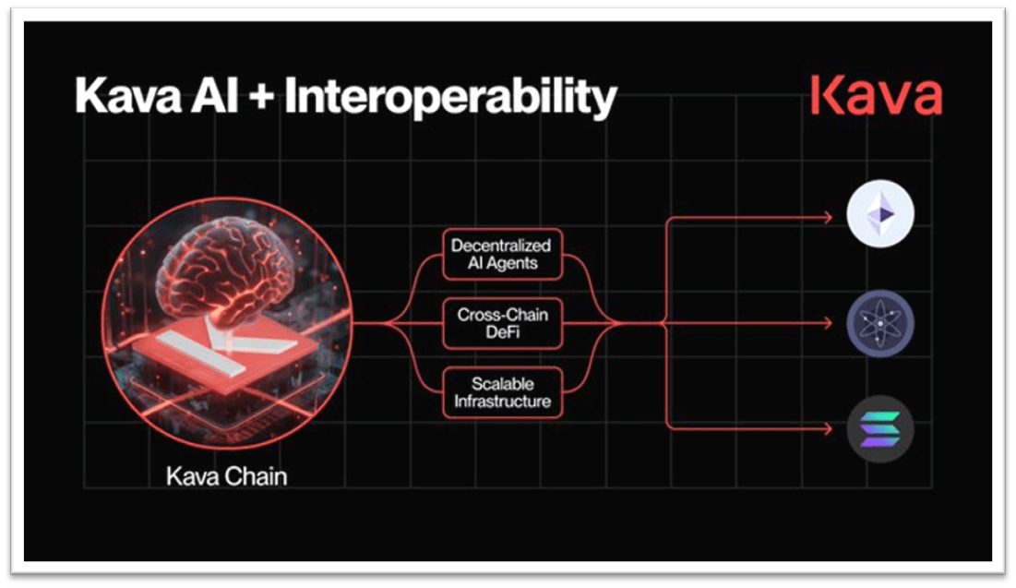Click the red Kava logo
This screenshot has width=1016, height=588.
click(876, 95)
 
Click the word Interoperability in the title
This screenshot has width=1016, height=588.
click(450, 97)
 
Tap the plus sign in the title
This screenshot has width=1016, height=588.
click(260, 97)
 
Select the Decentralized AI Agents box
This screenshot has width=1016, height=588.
click(502, 254)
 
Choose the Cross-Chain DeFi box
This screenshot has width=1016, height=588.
click(502, 323)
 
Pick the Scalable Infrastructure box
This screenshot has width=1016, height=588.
click(502, 393)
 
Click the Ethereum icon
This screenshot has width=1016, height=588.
click(880, 214)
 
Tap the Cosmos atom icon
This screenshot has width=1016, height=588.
click(880, 323)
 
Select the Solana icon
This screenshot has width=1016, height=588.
click(880, 428)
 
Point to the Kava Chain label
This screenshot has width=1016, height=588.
click(227, 476)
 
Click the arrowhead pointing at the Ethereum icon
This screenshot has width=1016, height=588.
click(828, 218)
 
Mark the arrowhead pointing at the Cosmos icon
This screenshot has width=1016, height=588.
click(828, 322)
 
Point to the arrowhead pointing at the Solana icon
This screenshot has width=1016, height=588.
click(828, 428)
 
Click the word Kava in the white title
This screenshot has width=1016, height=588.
click(128, 96)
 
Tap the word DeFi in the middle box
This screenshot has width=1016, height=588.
click(503, 332)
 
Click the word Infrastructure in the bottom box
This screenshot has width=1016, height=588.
click(502, 402)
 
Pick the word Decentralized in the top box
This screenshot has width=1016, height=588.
click(501, 246)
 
